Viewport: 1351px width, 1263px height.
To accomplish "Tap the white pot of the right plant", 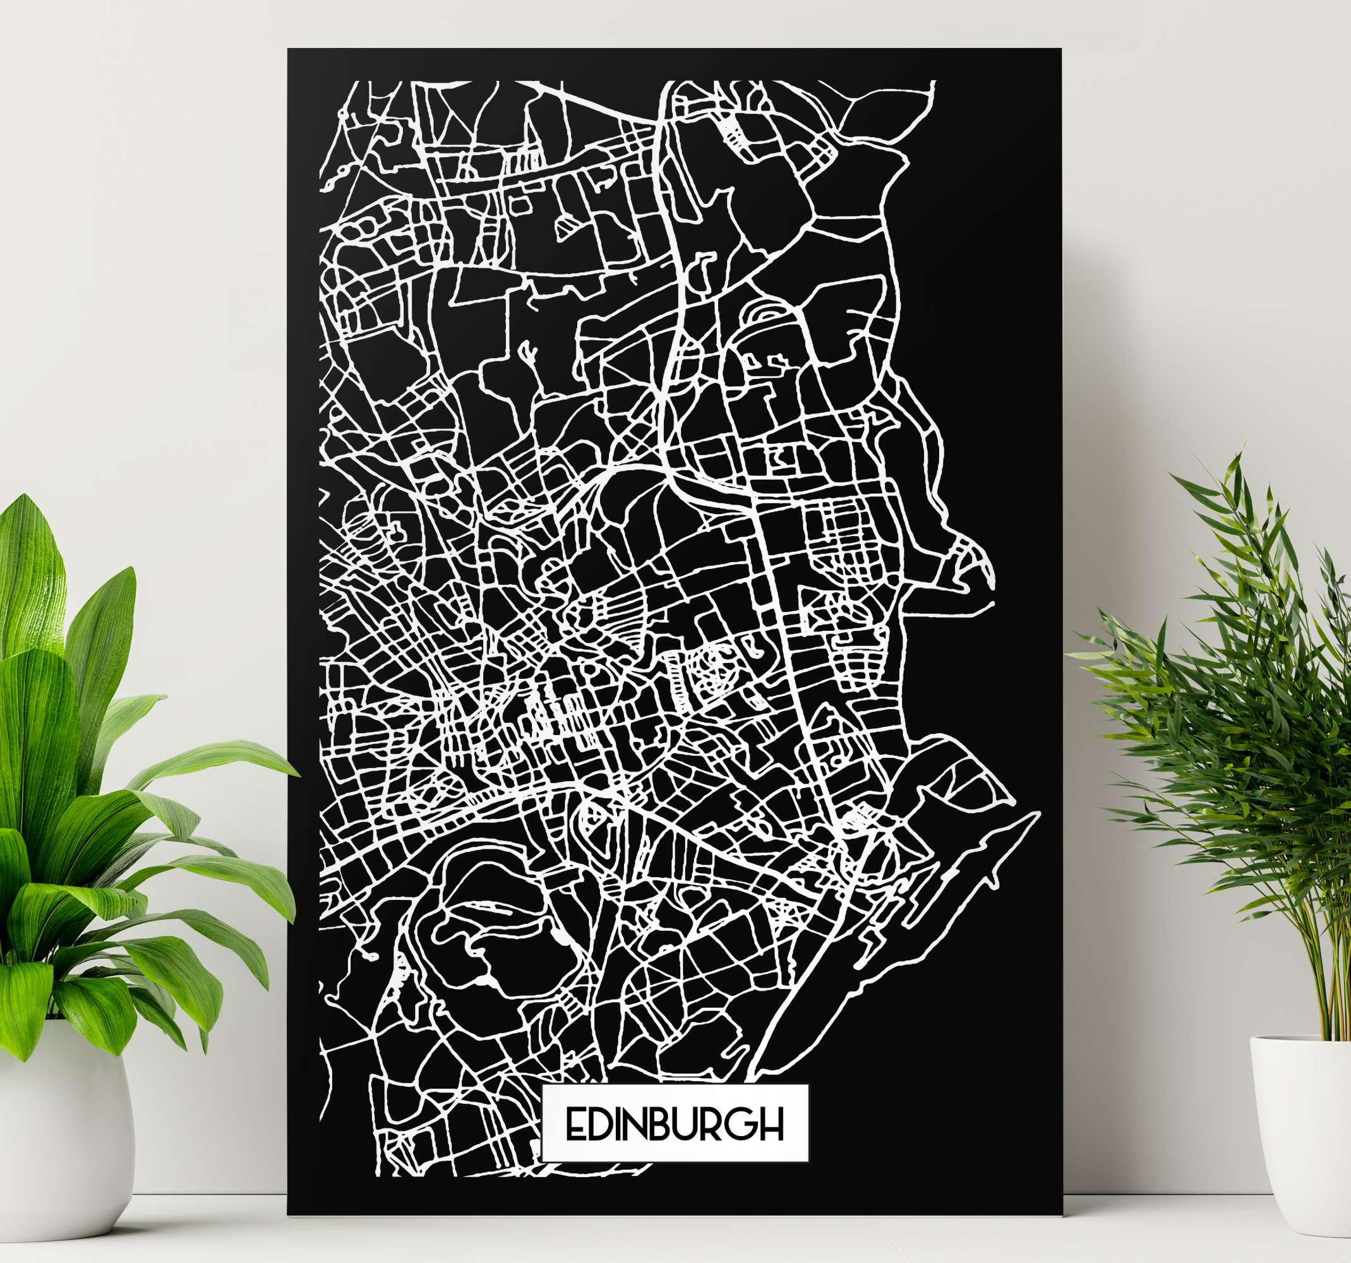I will click(x=1298, y=1148).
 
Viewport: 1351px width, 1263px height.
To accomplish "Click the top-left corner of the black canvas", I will click(x=289, y=50).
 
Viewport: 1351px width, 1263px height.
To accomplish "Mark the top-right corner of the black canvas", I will click(x=1060, y=50).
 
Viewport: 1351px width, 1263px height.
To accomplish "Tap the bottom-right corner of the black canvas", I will click(x=1062, y=1215).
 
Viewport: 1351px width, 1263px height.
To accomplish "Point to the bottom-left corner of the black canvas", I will click(x=289, y=1215).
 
